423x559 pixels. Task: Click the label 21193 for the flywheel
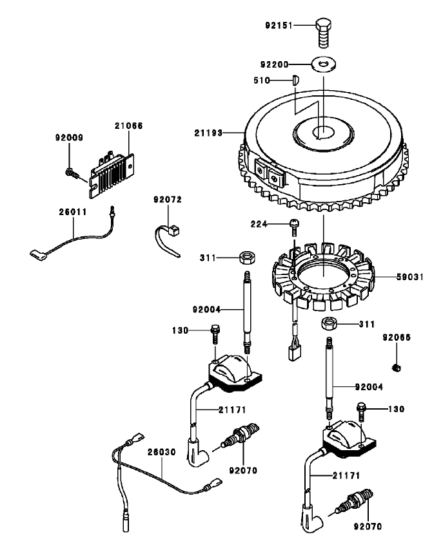pos(208,133)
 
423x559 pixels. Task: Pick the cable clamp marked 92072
pos(169,231)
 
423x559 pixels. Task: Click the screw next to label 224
pos(295,225)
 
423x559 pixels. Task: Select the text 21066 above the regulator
pos(129,126)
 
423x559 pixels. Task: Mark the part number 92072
pos(168,200)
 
